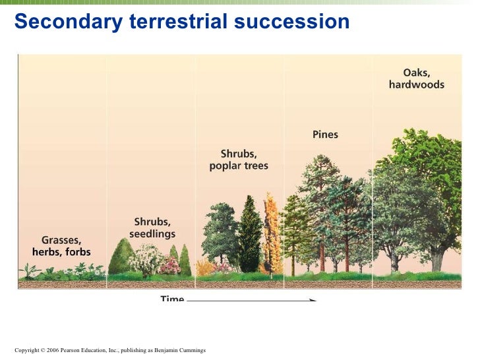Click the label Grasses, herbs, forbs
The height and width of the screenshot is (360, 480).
coord(61,246)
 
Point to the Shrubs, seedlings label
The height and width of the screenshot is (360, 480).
coord(152,227)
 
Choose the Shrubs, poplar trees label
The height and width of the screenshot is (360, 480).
coord(239,160)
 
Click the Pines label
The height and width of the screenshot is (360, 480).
coord(325,135)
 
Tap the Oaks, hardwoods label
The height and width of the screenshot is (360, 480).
coord(416,78)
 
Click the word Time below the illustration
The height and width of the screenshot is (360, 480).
coord(172,299)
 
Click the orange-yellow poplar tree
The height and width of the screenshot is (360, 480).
coord(271,231)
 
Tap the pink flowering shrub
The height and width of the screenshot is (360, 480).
coord(169,266)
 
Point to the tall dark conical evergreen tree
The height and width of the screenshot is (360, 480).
coord(250,234)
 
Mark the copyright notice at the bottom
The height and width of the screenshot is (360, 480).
coord(109,350)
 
